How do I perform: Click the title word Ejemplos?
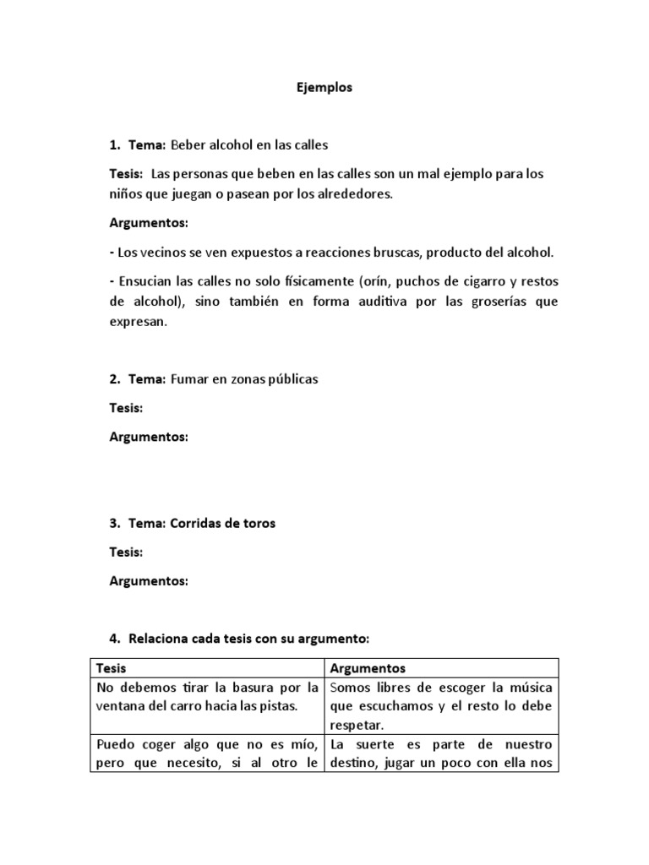coord(324,87)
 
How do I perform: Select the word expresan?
coord(139,322)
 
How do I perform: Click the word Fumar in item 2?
coord(188,379)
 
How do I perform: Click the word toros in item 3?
coord(258,523)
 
